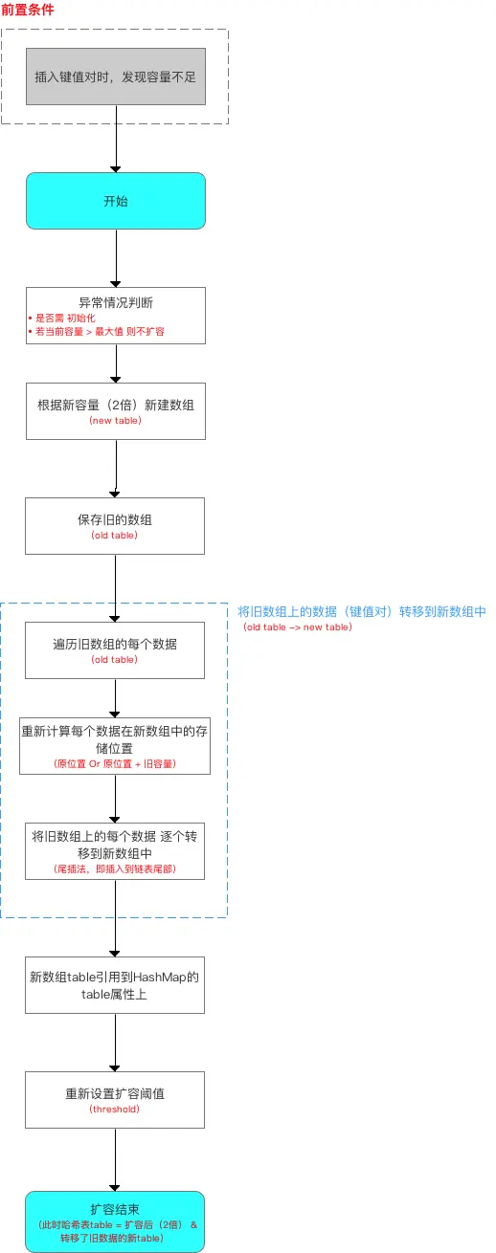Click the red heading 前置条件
point(28,10)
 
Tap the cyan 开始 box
point(115,201)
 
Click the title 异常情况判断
point(115,302)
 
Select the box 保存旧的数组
point(115,525)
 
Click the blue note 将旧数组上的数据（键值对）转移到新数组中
point(362,611)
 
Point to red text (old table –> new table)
point(297,627)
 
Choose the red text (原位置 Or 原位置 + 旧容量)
point(115,764)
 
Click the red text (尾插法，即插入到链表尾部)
point(115,869)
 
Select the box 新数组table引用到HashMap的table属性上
point(115,985)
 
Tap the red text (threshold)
point(115,1110)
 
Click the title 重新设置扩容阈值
point(115,1093)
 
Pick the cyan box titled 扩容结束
point(115,1220)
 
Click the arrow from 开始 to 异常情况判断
point(116,258)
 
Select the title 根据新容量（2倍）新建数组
point(115,404)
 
